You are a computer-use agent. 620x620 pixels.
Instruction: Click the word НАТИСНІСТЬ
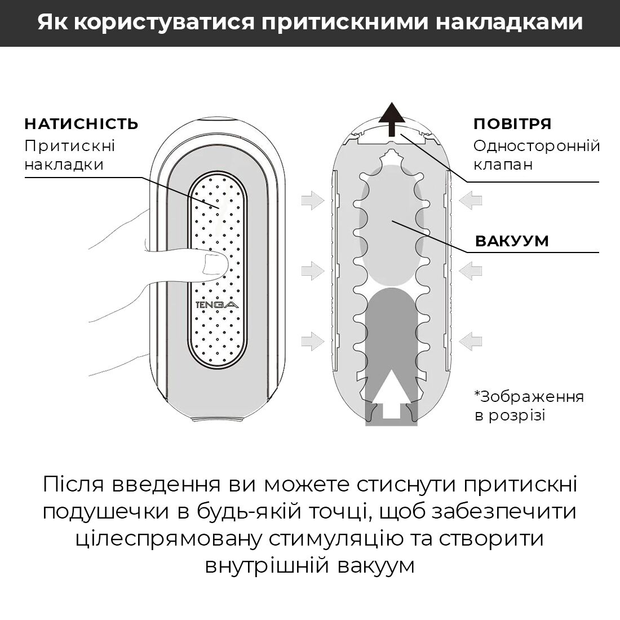point(81,124)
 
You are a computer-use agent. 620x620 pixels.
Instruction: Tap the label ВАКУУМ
point(512,241)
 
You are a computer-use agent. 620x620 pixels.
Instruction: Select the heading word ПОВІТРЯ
point(512,124)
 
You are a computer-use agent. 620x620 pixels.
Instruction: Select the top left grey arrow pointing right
point(312,200)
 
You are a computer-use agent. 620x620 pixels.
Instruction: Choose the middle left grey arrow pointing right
point(312,271)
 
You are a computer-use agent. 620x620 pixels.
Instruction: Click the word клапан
point(503,165)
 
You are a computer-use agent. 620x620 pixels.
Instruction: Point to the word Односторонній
point(537,145)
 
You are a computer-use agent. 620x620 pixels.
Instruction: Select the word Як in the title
point(53,23)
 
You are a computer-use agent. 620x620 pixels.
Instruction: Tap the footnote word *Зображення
point(529,396)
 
